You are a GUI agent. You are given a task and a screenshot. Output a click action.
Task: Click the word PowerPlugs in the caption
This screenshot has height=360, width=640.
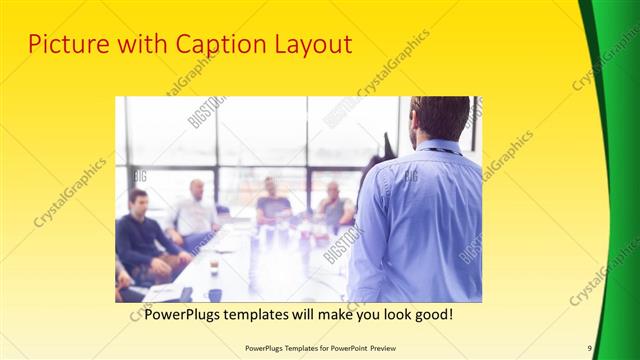pyautogui.click(x=184, y=314)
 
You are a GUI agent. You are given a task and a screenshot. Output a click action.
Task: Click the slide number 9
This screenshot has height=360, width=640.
pyautogui.click(x=590, y=348)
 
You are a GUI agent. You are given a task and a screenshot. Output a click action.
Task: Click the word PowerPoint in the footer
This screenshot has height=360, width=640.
pyautogui.click(x=340, y=348)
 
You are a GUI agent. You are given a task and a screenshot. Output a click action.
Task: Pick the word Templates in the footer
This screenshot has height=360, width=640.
pyautogui.click(x=287, y=348)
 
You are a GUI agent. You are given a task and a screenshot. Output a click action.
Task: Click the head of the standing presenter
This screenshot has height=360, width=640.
pyautogui.click(x=440, y=118)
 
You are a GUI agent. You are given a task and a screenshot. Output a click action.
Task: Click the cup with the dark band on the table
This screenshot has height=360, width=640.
pyautogui.click(x=214, y=264)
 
